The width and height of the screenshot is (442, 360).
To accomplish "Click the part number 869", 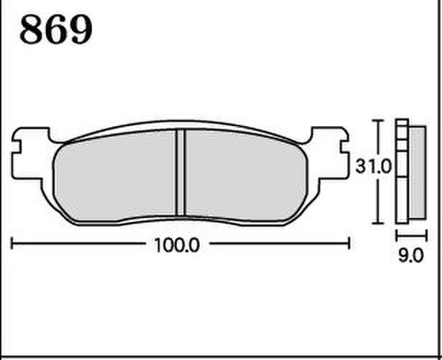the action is [x=56, y=29].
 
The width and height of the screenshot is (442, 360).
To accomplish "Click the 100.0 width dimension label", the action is [x=177, y=246].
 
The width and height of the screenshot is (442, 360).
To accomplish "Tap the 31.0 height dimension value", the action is [x=373, y=167].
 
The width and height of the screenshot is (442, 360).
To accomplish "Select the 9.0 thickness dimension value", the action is [x=411, y=255].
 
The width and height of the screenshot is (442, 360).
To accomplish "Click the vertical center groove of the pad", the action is [x=180, y=172].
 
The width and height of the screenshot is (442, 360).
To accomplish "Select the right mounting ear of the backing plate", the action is [x=331, y=153].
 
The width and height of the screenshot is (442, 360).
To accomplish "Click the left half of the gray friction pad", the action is [x=115, y=175].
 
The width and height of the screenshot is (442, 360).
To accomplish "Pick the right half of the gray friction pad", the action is [x=246, y=175].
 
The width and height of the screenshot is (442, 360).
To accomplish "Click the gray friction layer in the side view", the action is [x=417, y=172].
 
